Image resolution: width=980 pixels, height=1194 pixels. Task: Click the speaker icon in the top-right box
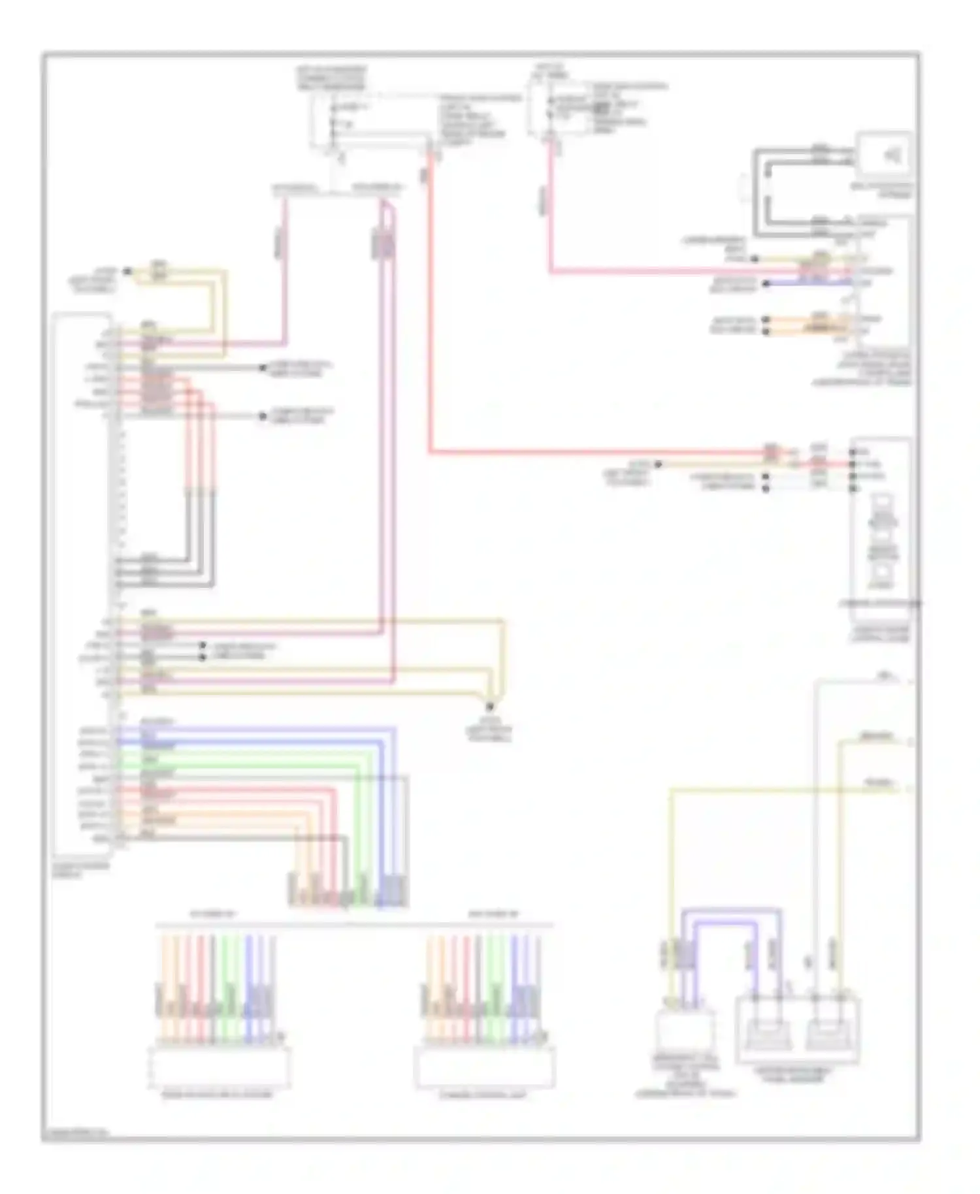[x=892, y=155]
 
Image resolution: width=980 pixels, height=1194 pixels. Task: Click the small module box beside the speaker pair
[x=684, y=1030]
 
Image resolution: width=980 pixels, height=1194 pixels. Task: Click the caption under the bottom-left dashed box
[x=217, y=1095]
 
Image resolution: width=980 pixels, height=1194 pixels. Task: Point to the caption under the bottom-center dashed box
[x=482, y=1095]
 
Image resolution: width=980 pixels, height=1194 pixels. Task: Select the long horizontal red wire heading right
[x=588, y=451]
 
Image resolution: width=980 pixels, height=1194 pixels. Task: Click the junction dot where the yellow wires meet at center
[x=490, y=706]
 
